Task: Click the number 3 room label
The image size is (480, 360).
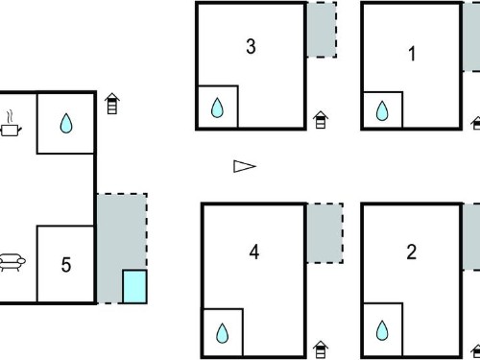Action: click(251, 46)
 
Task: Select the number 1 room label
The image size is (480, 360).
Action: click(412, 54)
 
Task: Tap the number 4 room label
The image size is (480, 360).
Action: click(254, 252)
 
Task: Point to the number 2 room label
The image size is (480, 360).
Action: click(412, 252)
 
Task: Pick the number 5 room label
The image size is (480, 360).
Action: click(66, 265)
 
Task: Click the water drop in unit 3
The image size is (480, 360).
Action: click(217, 108)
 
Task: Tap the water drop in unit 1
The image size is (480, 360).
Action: click(382, 110)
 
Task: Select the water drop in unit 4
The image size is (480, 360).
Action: click(222, 333)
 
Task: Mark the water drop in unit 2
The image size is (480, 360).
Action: click(382, 330)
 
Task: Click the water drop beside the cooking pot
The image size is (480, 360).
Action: click(66, 123)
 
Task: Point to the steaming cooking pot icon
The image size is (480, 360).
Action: click(11, 124)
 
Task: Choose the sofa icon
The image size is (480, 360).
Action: click(12, 262)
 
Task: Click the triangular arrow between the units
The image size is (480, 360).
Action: click(245, 166)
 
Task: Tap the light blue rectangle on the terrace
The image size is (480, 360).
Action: click(134, 286)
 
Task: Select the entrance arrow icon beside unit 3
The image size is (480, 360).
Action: click(321, 120)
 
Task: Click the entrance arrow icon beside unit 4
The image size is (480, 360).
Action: click(321, 349)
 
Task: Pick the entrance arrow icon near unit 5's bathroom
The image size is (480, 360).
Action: click(112, 104)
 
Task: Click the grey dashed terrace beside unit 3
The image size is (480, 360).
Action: click(322, 30)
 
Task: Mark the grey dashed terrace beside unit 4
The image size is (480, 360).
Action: click(324, 233)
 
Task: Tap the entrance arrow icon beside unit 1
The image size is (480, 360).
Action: click(476, 123)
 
